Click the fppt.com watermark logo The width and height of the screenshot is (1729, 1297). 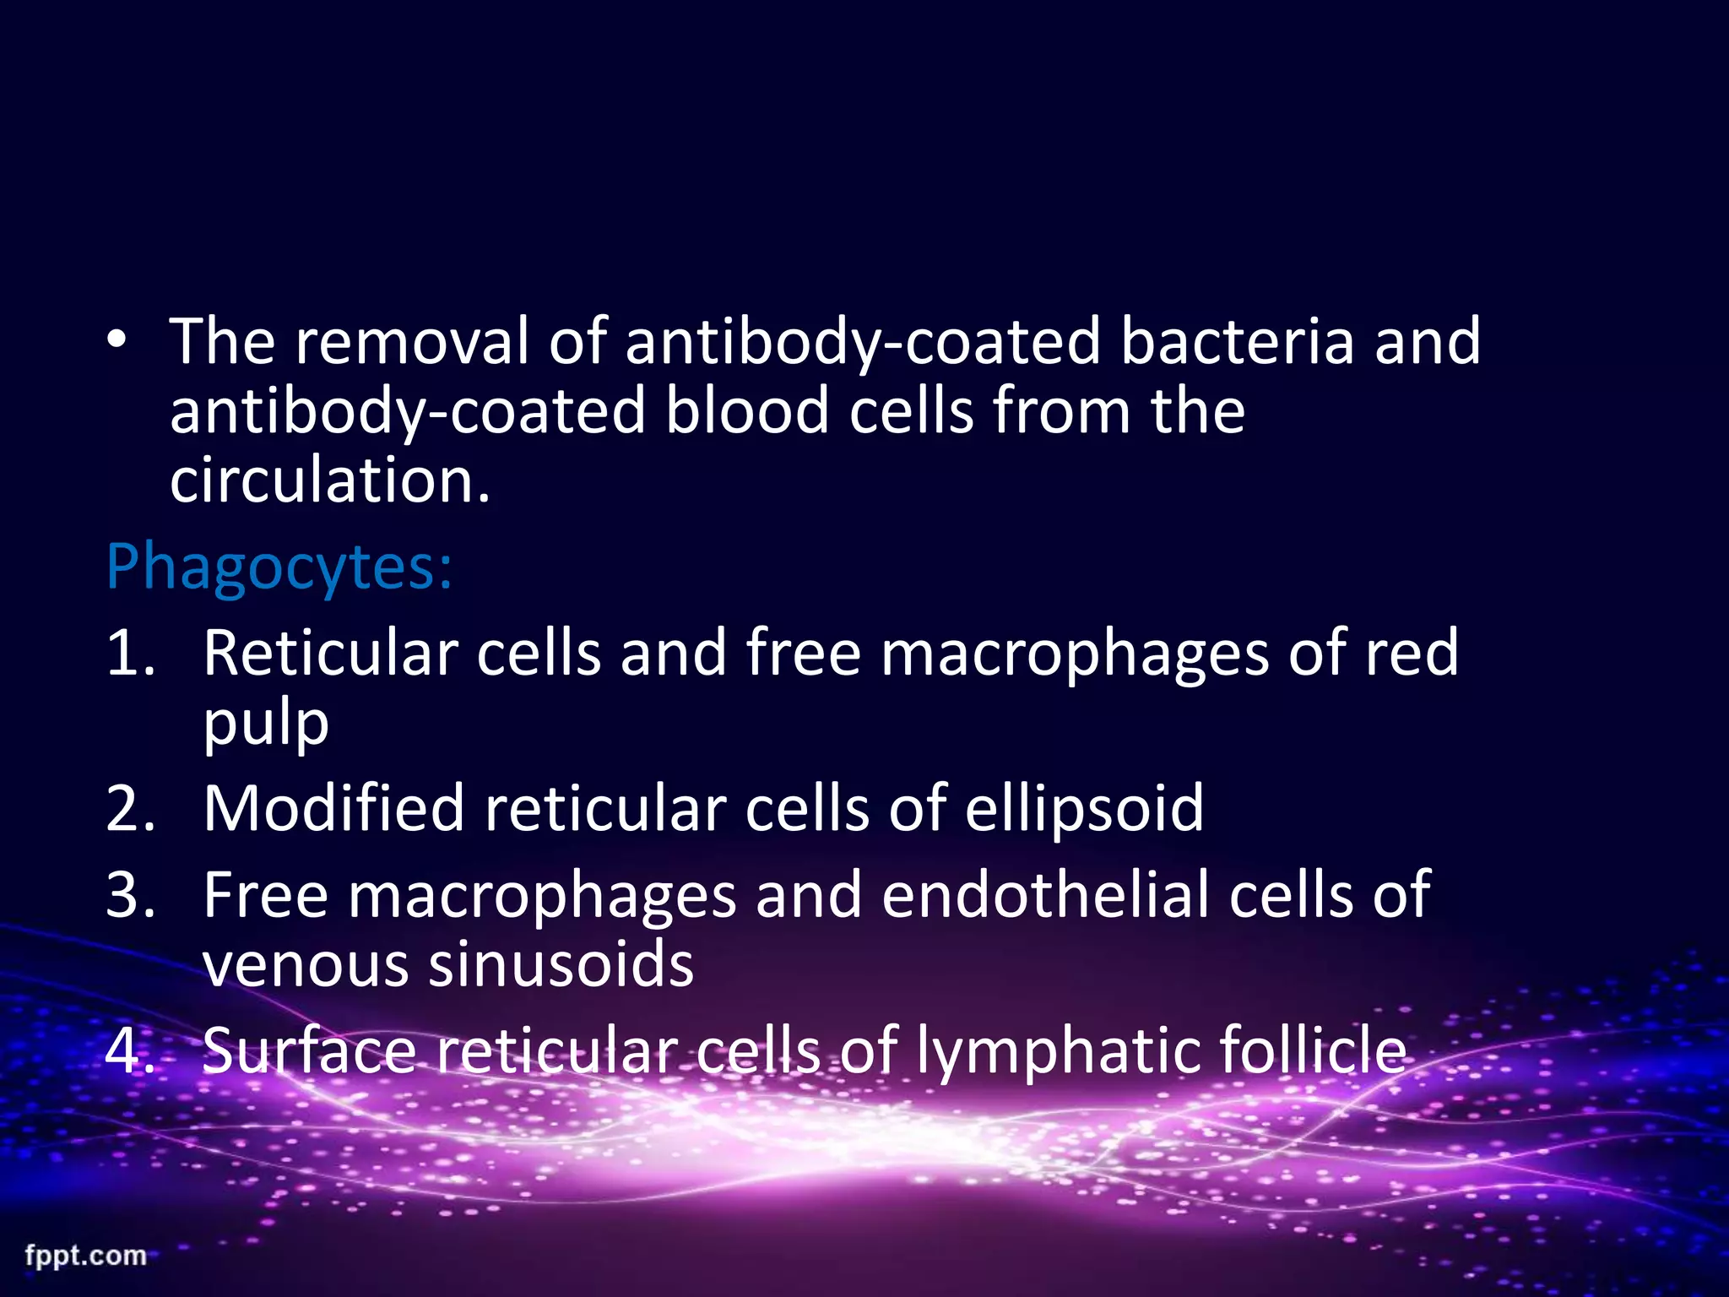click(x=85, y=1256)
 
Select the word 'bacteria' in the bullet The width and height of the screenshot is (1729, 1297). click(x=1237, y=341)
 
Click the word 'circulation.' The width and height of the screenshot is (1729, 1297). click(x=330, y=481)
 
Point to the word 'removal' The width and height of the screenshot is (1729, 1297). click(x=412, y=341)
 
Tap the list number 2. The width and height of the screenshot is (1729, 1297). click(x=131, y=809)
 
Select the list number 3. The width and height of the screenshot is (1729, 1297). click(x=131, y=895)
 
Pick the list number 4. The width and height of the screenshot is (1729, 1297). click(x=131, y=1051)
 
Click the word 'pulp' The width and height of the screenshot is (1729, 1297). click(x=266, y=724)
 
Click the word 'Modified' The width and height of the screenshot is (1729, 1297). click(x=333, y=809)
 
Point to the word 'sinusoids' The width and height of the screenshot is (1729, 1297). click(x=561, y=965)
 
